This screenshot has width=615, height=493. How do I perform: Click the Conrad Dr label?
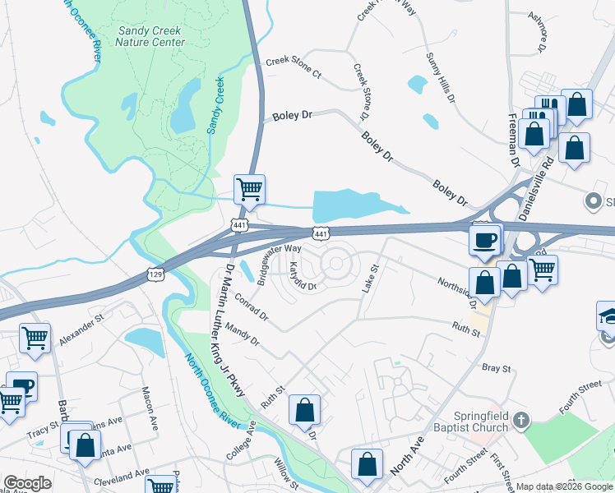pos(252,306)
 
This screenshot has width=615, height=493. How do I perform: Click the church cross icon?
pos(520,422)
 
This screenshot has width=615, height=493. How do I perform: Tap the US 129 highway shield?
pos(154,272)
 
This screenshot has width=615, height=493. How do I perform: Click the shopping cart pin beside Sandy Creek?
pos(250,189)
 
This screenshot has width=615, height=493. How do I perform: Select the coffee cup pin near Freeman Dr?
pos(484,240)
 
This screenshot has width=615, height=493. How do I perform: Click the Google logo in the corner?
pos(28,483)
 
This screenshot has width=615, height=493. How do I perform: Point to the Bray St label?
pos(497,368)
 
